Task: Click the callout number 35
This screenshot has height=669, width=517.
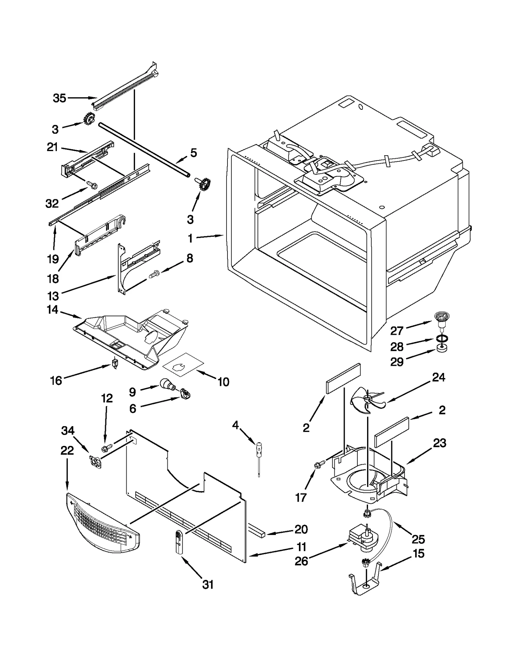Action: pyautogui.click(x=59, y=98)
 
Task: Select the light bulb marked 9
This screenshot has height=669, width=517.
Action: pyautogui.click(x=167, y=384)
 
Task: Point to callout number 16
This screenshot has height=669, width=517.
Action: pyautogui.click(x=56, y=381)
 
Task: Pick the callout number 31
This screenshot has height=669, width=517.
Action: pyautogui.click(x=208, y=584)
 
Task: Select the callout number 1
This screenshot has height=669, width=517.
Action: pyautogui.click(x=190, y=239)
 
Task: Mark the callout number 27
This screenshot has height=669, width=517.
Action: pyautogui.click(x=397, y=331)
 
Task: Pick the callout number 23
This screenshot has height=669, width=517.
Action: pyautogui.click(x=439, y=443)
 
